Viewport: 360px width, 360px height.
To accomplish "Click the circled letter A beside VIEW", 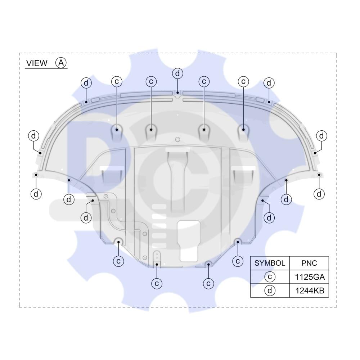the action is pyautogui.click(x=61, y=63).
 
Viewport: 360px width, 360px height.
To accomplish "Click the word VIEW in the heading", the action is pyautogui.click(x=37, y=63).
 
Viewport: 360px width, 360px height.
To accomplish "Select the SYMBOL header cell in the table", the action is pyautogui.click(x=270, y=263).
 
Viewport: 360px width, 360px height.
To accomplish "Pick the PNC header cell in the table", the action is pyautogui.click(x=309, y=263).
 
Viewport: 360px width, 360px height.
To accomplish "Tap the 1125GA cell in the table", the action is pyautogui.click(x=309, y=277).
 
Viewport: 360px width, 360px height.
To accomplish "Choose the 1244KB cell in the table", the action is pyautogui.click(x=309, y=291).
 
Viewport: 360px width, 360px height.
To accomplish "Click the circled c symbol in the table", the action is pyautogui.click(x=270, y=276).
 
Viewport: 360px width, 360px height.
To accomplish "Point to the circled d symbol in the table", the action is pyautogui.click(x=270, y=291).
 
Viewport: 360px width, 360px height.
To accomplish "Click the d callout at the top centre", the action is pyautogui.click(x=177, y=73).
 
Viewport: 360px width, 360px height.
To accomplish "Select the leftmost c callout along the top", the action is pyautogui.click(x=117, y=81).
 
